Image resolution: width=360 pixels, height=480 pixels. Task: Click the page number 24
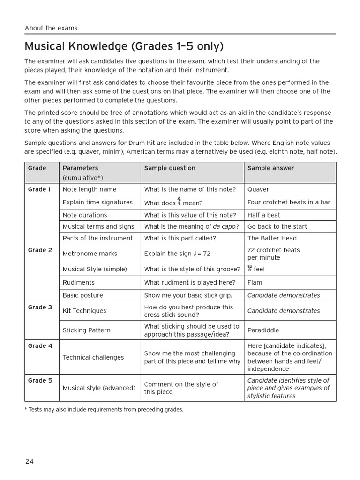[30, 461]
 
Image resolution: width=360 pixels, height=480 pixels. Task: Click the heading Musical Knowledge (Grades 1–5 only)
[124, 46]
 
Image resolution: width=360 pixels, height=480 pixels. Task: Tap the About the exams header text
[51, 28]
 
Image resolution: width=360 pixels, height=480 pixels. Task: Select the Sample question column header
[170, 168]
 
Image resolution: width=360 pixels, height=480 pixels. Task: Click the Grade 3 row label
[40, 307]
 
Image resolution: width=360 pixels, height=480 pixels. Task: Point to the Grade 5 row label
[40, 381]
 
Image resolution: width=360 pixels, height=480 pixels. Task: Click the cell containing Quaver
[258, 189]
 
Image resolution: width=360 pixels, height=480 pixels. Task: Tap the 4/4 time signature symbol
[179, 202]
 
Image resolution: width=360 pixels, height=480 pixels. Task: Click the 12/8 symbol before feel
[250, 269]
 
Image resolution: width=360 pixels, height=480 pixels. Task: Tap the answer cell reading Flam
[255, 283]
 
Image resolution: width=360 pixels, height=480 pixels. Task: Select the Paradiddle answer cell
[263, 330]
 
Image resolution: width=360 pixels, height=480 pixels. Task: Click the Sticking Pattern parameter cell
[87, 330]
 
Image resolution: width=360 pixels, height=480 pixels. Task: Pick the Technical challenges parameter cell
[93, 357]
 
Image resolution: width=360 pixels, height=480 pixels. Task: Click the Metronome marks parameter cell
[90, 254]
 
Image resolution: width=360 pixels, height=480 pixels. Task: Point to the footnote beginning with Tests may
[104, 410]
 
